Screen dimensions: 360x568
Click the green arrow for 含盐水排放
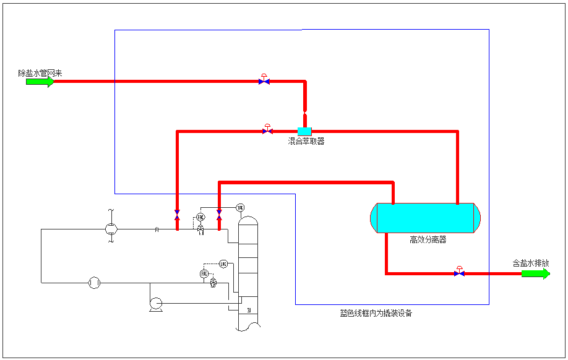[x=535, y=273]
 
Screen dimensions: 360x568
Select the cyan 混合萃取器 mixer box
[x=304, y=131]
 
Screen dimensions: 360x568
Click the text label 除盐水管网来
[x=40, y=73]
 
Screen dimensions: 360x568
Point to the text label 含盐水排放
[x=530, y=263]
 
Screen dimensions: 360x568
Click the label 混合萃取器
[x=306, y=141]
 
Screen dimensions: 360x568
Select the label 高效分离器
[x=428, y=239]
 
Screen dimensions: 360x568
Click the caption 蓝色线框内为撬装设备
[x=376, y=313]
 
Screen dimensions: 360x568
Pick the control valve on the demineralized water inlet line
[x=264, y=80]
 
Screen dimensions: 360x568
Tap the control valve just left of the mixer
[x=267, y=131]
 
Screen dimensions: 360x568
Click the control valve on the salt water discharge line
[x=459, y=273]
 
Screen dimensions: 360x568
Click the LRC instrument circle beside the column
[x=223, y=264]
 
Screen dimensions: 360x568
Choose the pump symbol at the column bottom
[x=155, y=302]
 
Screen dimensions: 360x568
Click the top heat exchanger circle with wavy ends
[x=111, y=229]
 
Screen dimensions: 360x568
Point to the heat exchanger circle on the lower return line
[x=94, y=283]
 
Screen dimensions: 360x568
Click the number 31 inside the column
[x=249, y=310]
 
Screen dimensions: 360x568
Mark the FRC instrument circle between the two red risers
[x=200, y=216]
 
